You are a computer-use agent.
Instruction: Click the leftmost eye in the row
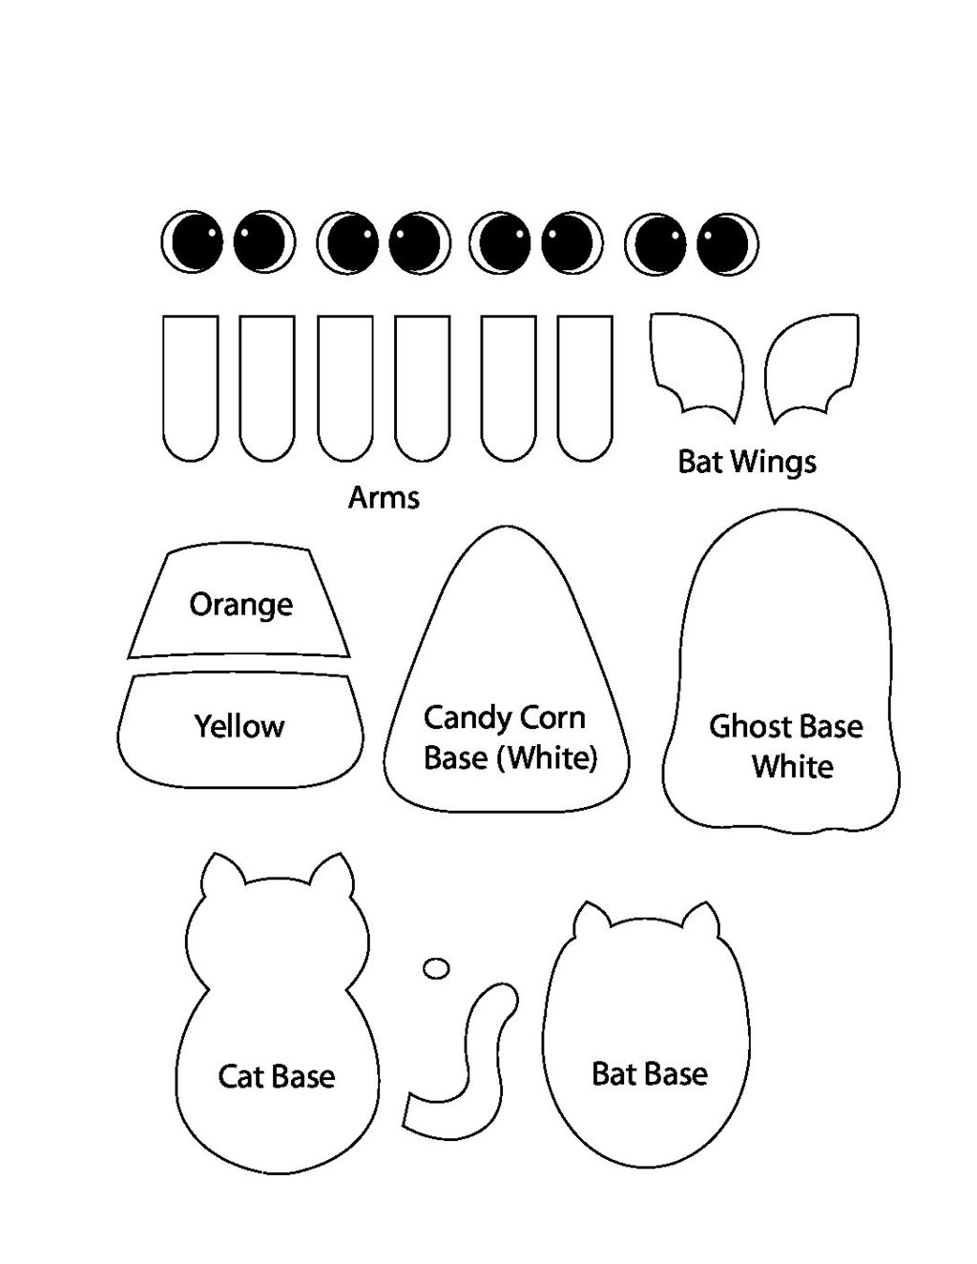(x=192, y=241)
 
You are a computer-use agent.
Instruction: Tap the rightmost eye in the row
(x=728, y=243)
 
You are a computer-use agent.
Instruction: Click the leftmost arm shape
(x=191, y=386)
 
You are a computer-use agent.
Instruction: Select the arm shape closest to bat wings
(x=584, y=386)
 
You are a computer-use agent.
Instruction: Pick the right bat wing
(x=813, y=365)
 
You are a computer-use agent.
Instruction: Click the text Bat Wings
(x=747, y=462)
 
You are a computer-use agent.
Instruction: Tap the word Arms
(x=384, y=497)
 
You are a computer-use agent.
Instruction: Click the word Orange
(x=240, y=604)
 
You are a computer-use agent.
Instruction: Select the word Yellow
(x=239, y=726)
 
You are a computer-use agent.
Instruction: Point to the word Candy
(x=464, y=717)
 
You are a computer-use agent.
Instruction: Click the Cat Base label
(x=277, y=1076)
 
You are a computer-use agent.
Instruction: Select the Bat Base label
(x=650, y=1073)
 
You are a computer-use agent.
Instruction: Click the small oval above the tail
(x=436, y=967)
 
